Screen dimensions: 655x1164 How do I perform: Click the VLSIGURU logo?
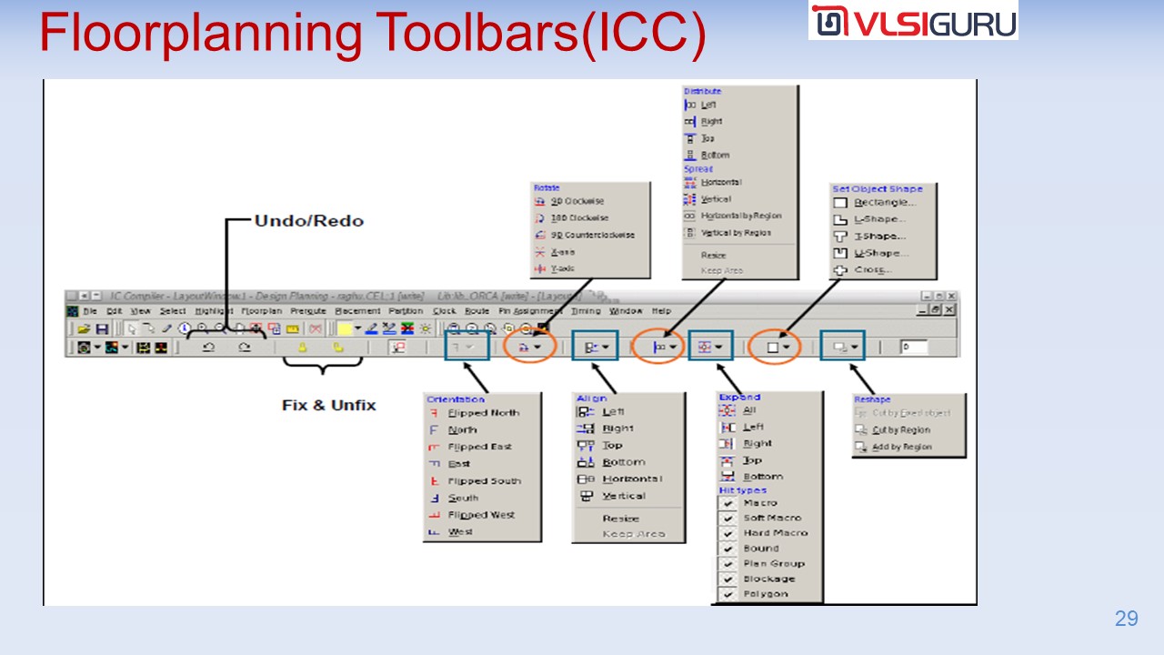[912, 20]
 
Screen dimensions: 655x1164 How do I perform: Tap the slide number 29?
[1126, 619]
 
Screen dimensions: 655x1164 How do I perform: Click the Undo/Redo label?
[308, 221]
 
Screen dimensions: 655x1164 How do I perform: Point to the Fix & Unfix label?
[328, 405]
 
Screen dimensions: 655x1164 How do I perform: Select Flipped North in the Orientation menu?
[483, 413]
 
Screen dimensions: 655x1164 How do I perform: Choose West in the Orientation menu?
[460, 532]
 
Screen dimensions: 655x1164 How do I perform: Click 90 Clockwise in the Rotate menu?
[577, 201]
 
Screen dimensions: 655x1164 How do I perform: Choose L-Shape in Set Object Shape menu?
[879, 219]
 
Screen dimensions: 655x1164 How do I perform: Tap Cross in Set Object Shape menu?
[873, 270]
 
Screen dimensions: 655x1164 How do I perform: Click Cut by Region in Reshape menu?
[900, 430]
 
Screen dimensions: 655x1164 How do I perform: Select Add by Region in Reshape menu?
[901, 448]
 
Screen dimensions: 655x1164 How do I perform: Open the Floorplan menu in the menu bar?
[261, 311]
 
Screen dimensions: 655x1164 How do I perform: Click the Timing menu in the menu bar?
[586, 311]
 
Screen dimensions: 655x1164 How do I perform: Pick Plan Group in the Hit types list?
[773, 564]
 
